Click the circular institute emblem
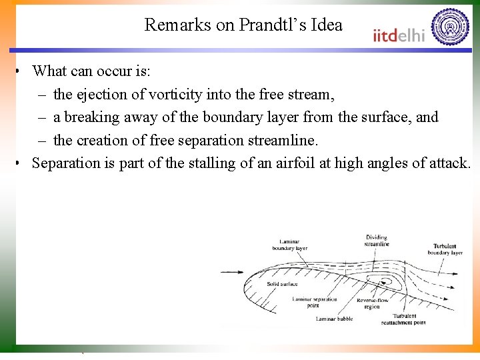450,27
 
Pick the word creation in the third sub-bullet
100,140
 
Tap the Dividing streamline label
377,241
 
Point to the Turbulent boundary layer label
445,249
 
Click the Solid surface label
282,284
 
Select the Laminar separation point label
315,303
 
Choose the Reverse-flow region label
371,303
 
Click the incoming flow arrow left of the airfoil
232,272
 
